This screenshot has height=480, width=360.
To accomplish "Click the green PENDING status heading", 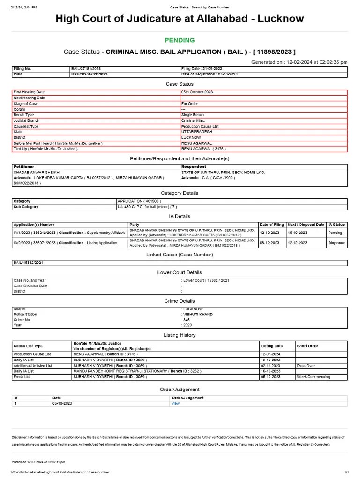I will pyautogui.click(x=180, y=40).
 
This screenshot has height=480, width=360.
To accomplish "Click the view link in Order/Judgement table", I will pyautogui.click(x=176, y=403).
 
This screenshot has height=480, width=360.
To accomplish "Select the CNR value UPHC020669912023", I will pyautogui.click(x=89, y=74).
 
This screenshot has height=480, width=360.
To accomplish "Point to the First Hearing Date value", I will pyautogui.click(x=197, y=92).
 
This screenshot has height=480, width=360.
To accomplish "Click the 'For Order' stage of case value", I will pyautogui.click(x=190, y=104).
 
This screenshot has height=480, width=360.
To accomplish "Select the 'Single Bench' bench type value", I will pyautogui.click(x=193, y=115).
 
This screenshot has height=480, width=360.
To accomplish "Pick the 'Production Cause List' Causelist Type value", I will pyautogui.click(x=200, y=127).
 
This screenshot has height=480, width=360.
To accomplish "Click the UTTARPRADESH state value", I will pyautogui.click(x=197, y=132).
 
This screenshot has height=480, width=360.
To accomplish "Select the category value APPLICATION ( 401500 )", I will pyautogui.click(x=139, y=201).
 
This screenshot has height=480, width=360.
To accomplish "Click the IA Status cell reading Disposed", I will pyautogui.click(x=337, y=243).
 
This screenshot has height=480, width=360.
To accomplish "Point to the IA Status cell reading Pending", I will pyautogui.click(x=336, y=232).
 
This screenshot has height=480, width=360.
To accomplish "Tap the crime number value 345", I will pyautogui.click(x=187, y=320).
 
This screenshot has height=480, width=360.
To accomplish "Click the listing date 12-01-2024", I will pyautogui.click(x=270, y=354).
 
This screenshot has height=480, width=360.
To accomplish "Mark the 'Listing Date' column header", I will pyautogui.click(x=272, y=346).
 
